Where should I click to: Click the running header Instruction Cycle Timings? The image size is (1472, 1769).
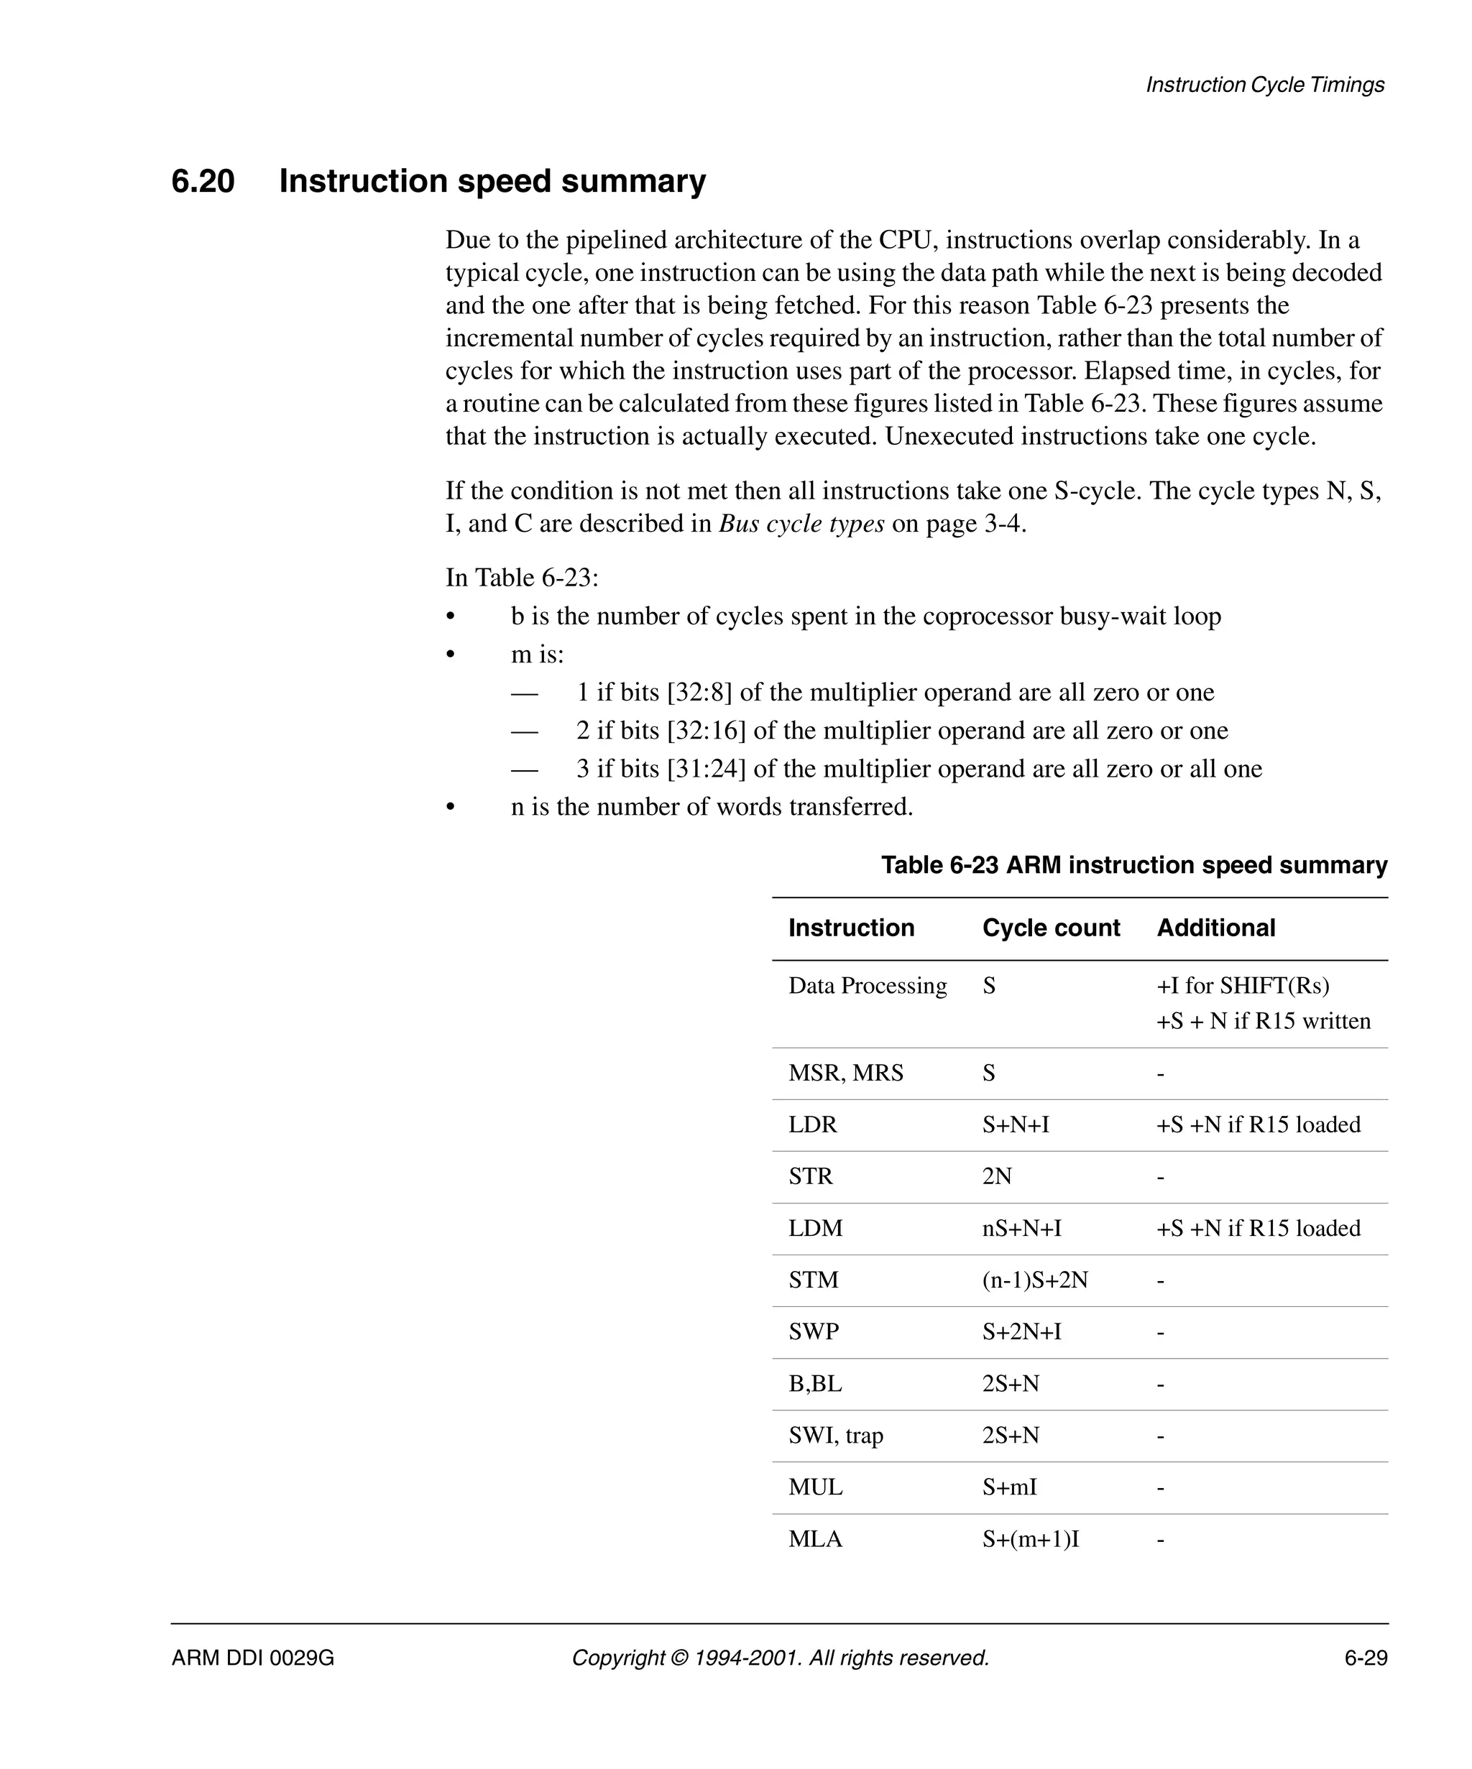point(1265,85)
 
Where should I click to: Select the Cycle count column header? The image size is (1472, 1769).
point(1051,928)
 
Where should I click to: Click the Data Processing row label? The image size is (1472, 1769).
point(867,986)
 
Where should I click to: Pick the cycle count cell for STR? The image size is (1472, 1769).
point(997,1176)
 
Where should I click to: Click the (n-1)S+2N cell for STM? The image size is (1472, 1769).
point(1035,1280)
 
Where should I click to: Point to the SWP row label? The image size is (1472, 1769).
point(813,1332)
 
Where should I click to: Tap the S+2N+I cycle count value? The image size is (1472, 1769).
point(1021,1332)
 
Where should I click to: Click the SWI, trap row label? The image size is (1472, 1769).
point(835,1436)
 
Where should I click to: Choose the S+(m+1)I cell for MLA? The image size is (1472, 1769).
point(1031,1539)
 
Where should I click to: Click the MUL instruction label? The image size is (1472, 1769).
point(815,1487)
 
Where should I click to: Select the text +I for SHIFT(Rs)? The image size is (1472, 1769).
point(1243,986)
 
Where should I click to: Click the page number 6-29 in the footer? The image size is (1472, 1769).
point(1365,1658)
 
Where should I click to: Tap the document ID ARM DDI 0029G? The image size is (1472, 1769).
point(253,1658)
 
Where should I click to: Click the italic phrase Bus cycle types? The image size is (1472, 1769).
point(801,524)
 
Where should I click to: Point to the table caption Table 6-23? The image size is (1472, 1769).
point(1133,865)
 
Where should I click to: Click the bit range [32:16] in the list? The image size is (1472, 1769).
point(706,730)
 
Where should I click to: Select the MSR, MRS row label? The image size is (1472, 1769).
point(845,1073)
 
